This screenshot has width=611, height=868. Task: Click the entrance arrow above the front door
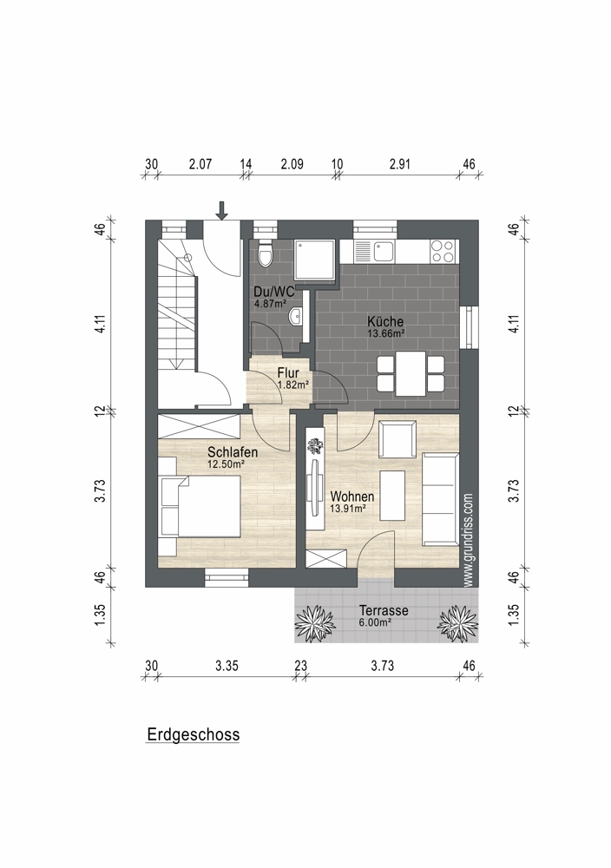pyautogui.click(x=222, y=210)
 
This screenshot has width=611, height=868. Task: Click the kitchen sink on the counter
pyautogui.click(x=383, y=252)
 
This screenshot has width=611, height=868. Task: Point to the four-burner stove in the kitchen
pyautogui.click(x=443, y=251)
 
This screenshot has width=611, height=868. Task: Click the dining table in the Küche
pyautogui.click(x=411, y=373)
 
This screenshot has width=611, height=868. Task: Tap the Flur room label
pyautogui.click(x=288, y=373)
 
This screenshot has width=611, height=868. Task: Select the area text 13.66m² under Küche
pyautogui.click(x=386, y=333)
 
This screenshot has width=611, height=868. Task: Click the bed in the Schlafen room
pyautogui.click(x=200, y=507)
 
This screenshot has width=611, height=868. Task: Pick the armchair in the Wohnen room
pyautogui.click(x=397, y=439)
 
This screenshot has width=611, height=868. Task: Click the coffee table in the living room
pyautogui.click(x=392, y=496)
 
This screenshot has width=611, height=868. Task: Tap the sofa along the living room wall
pyautogui.click(x=441, y=499)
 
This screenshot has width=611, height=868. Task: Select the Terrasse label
pyautogui.click(x=384, y=610)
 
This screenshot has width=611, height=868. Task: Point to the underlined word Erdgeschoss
pyautogui.click(x=194, y=734)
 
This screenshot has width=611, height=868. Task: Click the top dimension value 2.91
pyautogui.click(x=399, y=164)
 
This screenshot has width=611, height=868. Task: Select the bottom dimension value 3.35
pyautogui.click(x=227, y=666)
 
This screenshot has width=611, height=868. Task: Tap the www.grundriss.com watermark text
pyautogui.click(x=468, y=540)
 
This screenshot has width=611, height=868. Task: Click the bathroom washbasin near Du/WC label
pyautogui.click(x=296, y=317)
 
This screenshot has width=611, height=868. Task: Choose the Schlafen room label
pyautogui.click(x=233, y=452)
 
